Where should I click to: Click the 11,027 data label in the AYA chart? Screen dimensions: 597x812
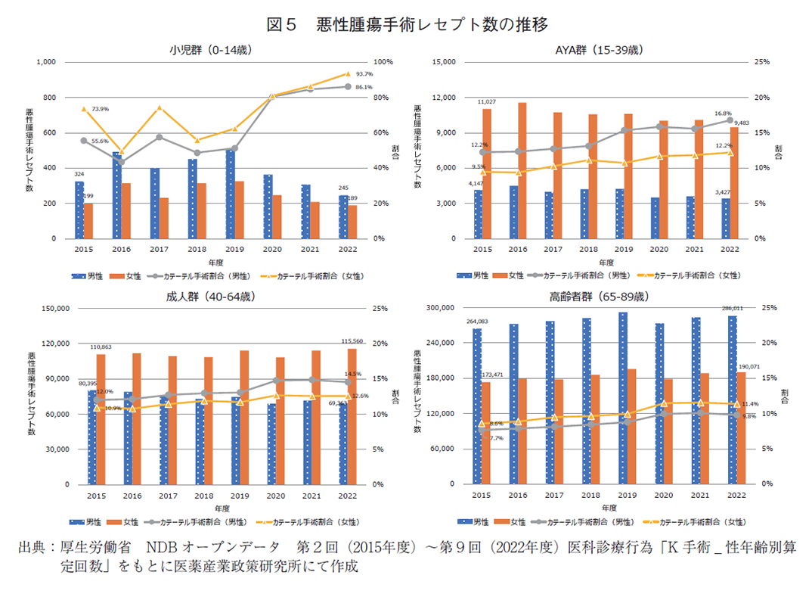coord(486,101)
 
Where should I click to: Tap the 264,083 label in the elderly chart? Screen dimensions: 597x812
coord(476,322)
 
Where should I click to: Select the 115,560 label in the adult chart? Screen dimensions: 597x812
coord(353,340)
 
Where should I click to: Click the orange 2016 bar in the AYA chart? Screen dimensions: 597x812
coord(523,171)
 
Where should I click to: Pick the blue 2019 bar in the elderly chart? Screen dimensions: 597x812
coord(622,398)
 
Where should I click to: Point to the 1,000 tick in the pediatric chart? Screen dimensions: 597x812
coord(45,62)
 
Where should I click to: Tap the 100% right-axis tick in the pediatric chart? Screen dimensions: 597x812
coord(383,62)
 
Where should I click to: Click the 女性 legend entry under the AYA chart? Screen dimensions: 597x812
coord(516,276)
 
